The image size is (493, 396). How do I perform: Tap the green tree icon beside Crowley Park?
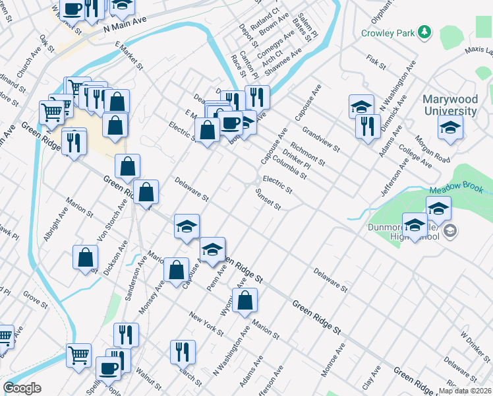[425, 32]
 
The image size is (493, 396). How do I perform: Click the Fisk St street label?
[376, 62]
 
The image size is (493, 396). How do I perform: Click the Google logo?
[22, 388]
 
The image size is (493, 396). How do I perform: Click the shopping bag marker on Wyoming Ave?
[245, 301]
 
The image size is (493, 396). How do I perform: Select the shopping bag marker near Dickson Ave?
[86, 258]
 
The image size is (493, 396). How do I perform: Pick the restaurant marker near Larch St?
[183, 352]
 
